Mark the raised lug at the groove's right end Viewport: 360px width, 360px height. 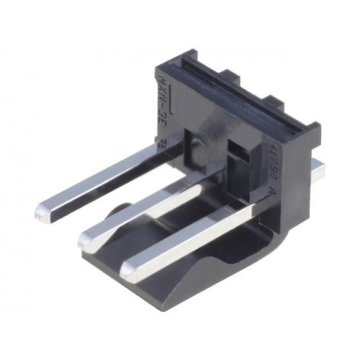(311, 131)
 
